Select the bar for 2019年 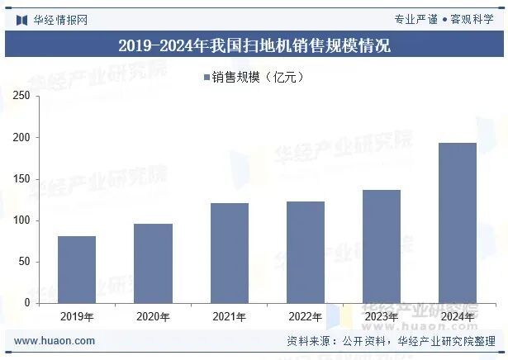tap(77, 269)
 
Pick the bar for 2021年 tap(229, 253)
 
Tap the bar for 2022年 tap(305, 252)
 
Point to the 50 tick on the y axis tap(25, 262)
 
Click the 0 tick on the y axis tap(27, 303)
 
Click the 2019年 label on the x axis tap(77, 316)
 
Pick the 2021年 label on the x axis tap(229, 316)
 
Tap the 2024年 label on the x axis tap(457, 316)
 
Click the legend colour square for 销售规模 tap(206, 78)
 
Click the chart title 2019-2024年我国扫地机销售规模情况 tap(254, 45)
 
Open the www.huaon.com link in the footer tap(55, 341)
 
